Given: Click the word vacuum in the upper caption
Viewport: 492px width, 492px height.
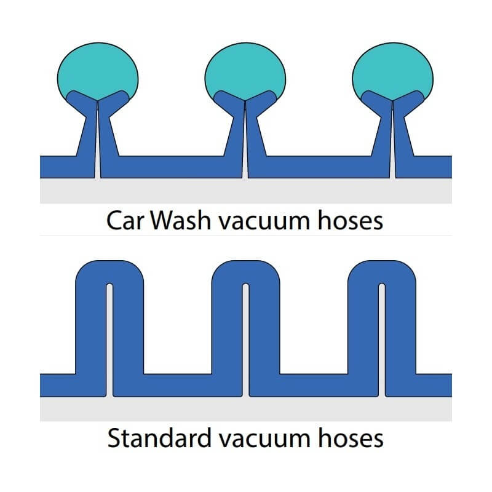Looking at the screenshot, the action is (x=264, y=223).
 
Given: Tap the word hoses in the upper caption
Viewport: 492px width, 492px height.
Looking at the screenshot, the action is (x=351, y=220).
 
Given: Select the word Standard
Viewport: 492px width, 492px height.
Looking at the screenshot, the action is (x=159, y=438).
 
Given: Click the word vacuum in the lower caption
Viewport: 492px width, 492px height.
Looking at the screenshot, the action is (x=265, y=440).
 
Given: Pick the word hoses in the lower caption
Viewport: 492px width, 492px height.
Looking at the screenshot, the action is (x=351, y=438).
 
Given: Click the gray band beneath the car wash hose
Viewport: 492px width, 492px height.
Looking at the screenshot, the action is (x=245, y=191).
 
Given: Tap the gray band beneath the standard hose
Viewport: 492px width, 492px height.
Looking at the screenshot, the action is (x=245, y=409).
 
